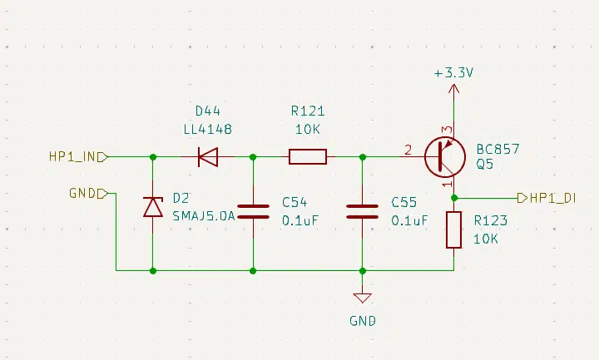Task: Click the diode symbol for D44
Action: coord(207,156)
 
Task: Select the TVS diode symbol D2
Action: coord(152,206)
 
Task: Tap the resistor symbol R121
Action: coord(308,156)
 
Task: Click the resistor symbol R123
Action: coord(453,229)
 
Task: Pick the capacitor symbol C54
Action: coord(253,210)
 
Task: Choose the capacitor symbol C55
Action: coord(362,210)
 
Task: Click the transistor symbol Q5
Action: coord(443,156)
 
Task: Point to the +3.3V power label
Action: coord(453,73)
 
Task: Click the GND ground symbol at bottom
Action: coord(362,298)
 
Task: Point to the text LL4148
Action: coord(207,130)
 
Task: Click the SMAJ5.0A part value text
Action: coord(204,215)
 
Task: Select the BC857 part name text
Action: coord(498,150)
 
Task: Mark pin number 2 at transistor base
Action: coord(408,150)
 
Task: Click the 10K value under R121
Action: coord(308,130)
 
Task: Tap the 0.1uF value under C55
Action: coord(408,220)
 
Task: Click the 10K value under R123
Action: coord(486,238)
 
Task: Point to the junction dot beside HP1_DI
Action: coord(453,198)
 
